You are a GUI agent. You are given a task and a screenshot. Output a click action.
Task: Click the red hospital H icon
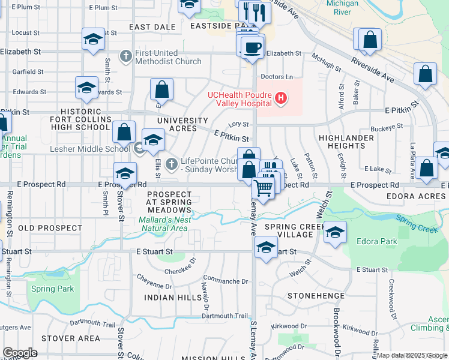(280, 98)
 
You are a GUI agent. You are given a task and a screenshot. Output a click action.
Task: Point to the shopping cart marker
(264, 188)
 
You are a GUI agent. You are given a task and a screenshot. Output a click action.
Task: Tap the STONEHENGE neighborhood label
(316, 296)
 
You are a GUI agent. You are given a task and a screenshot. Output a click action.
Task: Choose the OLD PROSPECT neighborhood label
(50, 228)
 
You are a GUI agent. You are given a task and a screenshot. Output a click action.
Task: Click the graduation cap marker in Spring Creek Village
(335, 233)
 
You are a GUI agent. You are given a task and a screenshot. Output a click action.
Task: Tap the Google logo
(20, 352)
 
